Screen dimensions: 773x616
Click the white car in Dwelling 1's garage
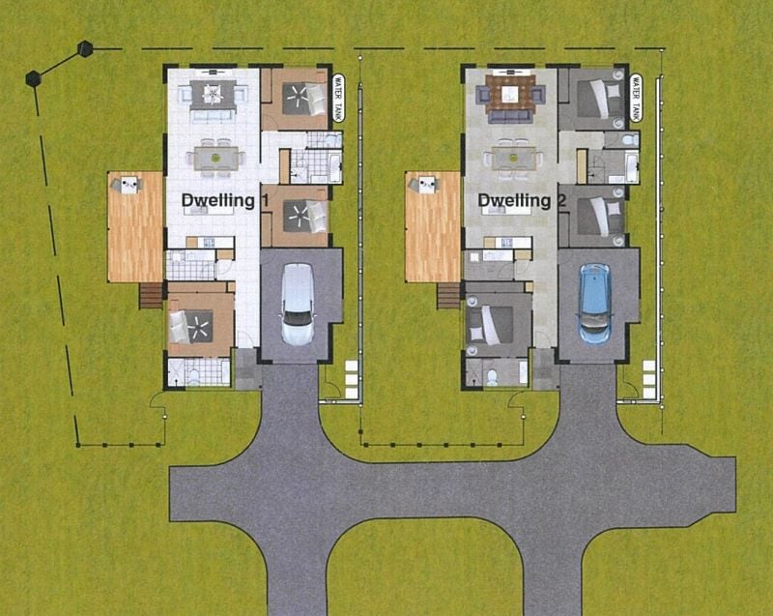298,305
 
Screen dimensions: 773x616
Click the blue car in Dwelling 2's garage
594,304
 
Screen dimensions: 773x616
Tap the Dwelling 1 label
225,201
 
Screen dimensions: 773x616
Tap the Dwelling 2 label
522,201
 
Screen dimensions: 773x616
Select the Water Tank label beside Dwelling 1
338,98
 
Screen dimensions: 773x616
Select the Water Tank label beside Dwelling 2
636,98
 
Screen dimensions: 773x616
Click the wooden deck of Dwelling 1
135,227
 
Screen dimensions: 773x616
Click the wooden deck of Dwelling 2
433,227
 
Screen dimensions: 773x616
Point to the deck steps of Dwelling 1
151,295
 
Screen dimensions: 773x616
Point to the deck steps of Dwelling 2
448,295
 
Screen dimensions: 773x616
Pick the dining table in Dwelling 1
215,159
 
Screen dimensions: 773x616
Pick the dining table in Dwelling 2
514,159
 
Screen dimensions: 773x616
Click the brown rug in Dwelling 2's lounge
510,94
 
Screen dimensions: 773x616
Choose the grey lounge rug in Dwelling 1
213,94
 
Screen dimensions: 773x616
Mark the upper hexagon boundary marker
85,48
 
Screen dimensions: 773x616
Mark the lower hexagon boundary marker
33,79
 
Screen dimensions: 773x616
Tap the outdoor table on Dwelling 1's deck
129,185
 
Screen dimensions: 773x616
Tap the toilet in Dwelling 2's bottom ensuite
492,377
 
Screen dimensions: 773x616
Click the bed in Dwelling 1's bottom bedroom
191,326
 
